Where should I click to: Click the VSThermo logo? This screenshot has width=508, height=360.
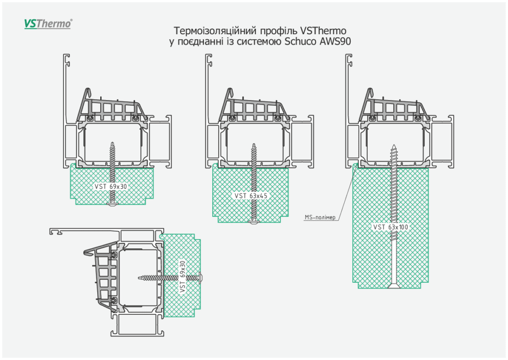coord(48,23)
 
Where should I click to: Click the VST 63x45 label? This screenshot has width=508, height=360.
coord(251,196)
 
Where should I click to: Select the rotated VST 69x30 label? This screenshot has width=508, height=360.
coord(183,276)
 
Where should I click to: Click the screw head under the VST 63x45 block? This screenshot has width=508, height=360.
coord(254,223)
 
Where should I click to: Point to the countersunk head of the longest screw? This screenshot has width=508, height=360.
coord(394,286)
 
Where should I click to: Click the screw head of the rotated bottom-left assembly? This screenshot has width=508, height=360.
coord(201,276)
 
